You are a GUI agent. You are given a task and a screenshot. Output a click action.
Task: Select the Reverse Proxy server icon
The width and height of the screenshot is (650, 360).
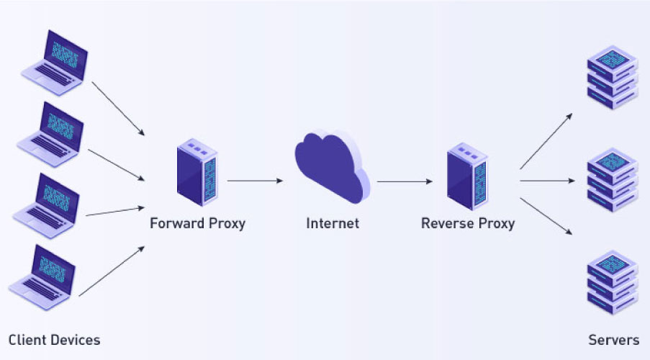coord(467,175)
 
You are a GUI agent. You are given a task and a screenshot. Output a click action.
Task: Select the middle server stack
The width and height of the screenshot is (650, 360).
coord(612,179)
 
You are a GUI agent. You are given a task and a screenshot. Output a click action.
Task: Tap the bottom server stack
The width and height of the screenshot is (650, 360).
coord(612,282)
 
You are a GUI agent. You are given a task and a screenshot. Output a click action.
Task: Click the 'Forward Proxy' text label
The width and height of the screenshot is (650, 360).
coord(197,223)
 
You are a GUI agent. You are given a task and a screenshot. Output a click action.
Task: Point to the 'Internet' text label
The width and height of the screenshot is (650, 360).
coord(332,223)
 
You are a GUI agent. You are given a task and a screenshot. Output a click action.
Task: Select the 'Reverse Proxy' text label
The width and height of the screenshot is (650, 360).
coord(467,223)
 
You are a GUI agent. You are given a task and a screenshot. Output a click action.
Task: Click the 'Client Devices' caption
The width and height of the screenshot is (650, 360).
coord(54,339)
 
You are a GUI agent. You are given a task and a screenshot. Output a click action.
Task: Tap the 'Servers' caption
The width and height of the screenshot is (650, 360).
coord(613,339)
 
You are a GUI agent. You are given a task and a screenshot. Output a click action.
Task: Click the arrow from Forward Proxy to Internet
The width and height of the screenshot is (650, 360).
coord(256,181)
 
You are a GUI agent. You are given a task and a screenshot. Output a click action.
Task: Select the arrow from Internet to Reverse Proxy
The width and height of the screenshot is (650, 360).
coord(405,181)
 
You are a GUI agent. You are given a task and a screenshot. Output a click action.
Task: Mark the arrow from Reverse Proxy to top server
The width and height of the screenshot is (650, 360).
coord(546,140)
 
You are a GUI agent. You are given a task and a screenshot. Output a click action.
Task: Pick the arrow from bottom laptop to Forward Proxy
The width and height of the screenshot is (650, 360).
coord(112,271)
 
